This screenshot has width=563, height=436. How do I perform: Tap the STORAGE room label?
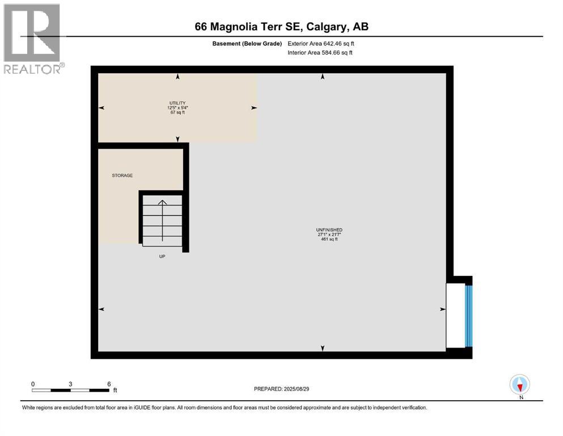[122, 175]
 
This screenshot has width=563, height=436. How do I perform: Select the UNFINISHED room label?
[329, 229]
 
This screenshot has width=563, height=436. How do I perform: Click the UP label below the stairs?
[162, 256]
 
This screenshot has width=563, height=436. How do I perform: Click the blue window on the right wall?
[468, 316]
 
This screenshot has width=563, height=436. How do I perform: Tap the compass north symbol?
[520, 385]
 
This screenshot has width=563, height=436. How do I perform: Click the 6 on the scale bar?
[108, 384]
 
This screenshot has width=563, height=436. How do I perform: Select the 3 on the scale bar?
[70, 384]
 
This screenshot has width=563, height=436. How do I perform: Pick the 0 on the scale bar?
[33, 384]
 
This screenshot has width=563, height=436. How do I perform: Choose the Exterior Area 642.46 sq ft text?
[321, 43]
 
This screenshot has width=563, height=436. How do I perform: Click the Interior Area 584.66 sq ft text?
[320, 53]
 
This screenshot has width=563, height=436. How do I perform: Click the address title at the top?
[281, 27]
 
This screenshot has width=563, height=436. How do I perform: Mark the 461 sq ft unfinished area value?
[329, 239]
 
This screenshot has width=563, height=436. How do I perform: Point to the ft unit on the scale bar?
[115, 391]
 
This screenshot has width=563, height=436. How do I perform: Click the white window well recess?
[455, 316]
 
